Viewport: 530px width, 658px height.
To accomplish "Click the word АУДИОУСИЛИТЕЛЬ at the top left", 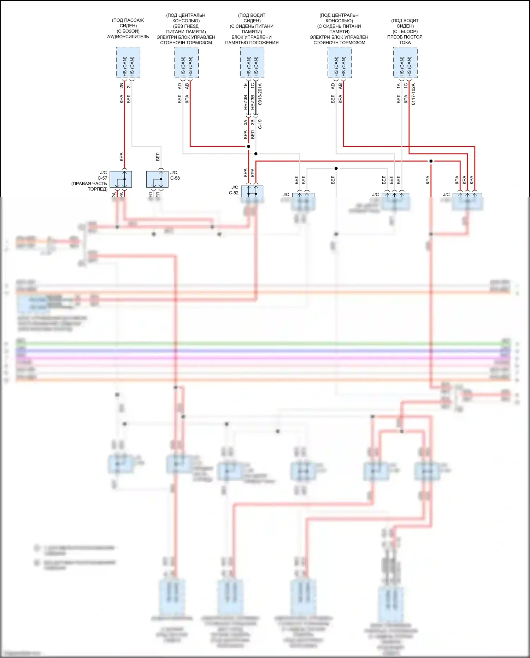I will coord(128,37).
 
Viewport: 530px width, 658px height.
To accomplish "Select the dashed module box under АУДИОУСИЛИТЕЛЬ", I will coord(128,63).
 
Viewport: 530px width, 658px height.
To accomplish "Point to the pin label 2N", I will coord(122,86).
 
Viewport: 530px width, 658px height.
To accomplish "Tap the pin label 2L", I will coord(129,86).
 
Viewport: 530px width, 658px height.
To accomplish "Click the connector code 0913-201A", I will coord(260,94).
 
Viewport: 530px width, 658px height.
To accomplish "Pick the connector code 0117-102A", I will coord(413,94).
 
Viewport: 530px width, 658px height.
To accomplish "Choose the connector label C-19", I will coord(260,124).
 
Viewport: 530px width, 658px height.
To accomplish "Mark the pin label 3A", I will coord(245,122).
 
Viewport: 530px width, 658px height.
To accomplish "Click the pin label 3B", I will coord(253,122).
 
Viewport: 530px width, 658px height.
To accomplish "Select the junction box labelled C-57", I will coord(121,179).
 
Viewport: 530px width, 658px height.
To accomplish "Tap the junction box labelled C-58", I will coord(157,179).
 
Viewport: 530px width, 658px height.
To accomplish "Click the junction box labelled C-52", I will coord(252,191).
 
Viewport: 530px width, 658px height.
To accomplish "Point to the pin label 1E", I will coord(246,86).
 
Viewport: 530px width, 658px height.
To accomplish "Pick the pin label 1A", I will coord(399,86).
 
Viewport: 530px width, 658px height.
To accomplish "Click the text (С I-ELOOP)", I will coord(405,31).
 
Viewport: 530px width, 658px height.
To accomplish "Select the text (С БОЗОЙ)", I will coord(128,31).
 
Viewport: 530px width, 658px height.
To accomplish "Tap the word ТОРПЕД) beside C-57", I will coord(98,189).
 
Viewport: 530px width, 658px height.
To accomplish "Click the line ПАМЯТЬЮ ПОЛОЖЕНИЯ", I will coord(252,43).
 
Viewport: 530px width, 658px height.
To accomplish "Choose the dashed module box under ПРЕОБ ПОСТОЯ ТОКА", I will coord(405,63).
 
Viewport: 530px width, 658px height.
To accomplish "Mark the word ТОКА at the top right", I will coord(405,42).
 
